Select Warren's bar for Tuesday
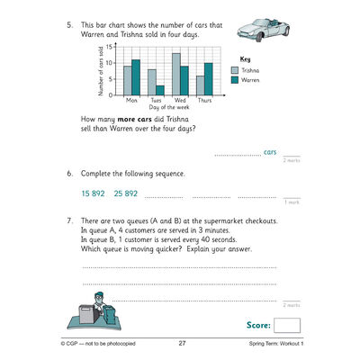pos(159,89)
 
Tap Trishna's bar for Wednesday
pos(175,73)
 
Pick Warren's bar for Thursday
pos(208,78)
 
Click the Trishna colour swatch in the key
pos(235,69)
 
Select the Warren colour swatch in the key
pos(235,79)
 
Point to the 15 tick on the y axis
pos(109,45)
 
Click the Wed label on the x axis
pos(179,100)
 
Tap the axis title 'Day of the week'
pos(167,107)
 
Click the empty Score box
pos(288,325)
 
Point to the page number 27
pos(182,344)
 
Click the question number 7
pos(70,220)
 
